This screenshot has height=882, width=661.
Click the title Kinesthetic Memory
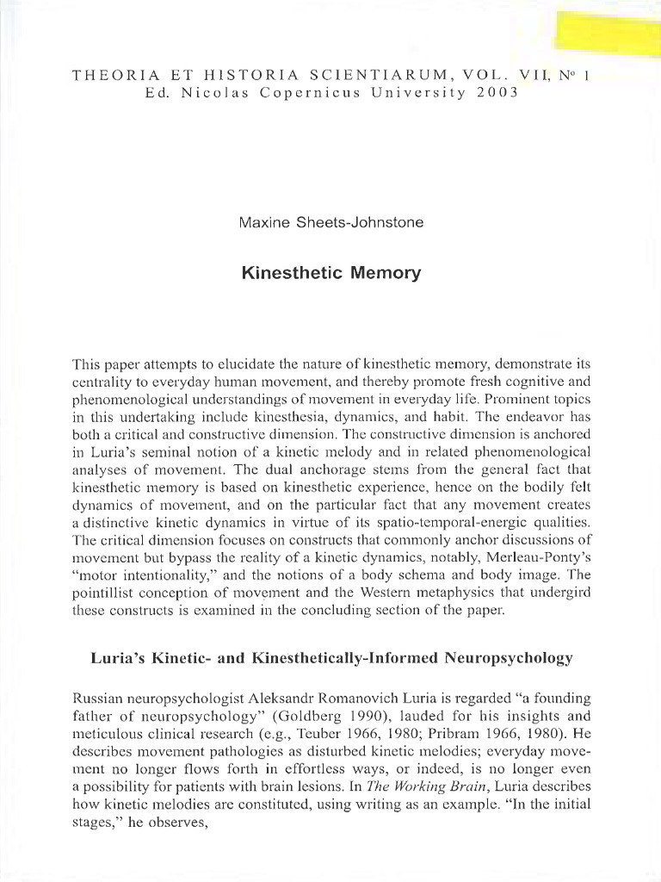331,274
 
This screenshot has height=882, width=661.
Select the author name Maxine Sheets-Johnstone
331,223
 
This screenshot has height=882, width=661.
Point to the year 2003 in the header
497,92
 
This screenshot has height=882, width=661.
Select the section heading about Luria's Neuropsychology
331,659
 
